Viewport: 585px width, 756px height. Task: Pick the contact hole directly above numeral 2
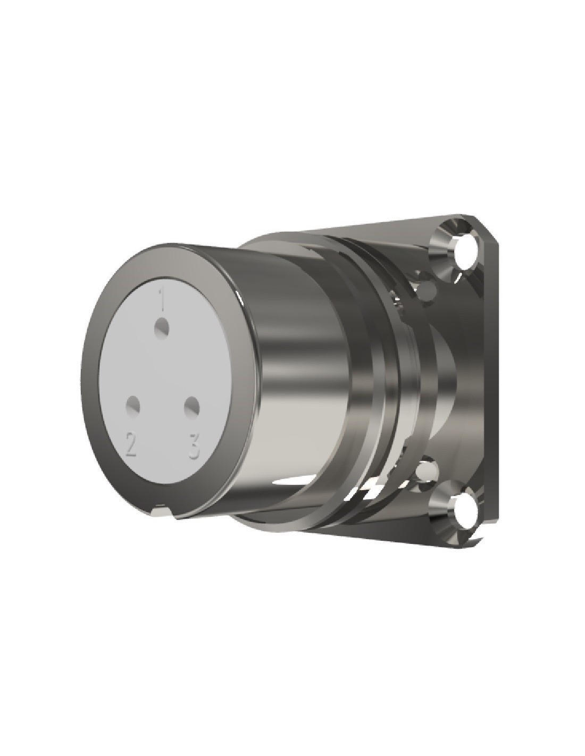click(x=133, y=405)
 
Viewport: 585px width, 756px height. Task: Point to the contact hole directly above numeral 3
click(x=191, y=405)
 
